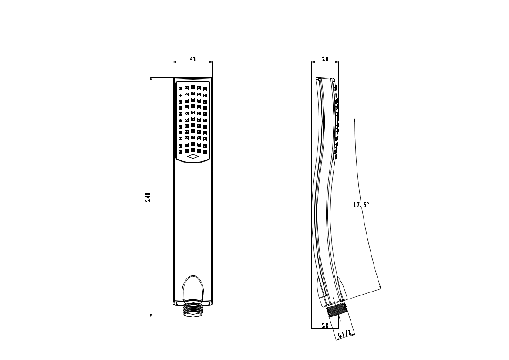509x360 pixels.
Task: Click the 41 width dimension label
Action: (193, 59)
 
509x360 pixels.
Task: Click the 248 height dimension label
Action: (148, 197)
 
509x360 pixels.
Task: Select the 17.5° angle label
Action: (361, 205)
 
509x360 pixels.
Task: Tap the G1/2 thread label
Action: (344, 334)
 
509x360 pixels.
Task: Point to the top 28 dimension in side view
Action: (325, 59)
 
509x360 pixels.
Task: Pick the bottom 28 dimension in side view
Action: (325, 325)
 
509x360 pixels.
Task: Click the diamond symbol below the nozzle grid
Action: (193, 157)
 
